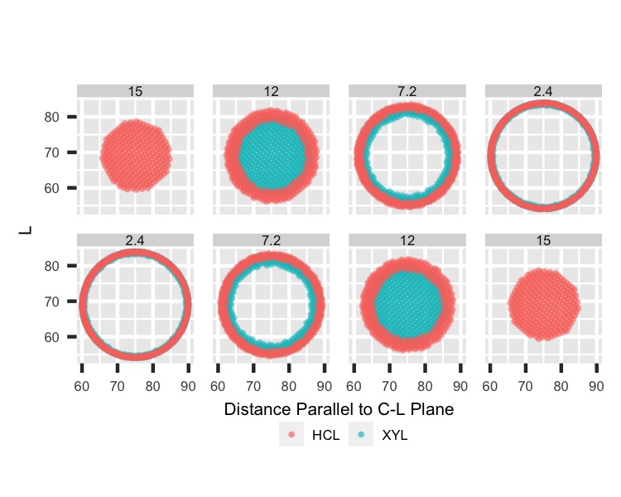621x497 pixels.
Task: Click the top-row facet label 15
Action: point(136,90)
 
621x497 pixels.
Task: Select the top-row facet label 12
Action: point(272,90)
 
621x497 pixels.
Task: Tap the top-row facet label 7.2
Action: point(407,90)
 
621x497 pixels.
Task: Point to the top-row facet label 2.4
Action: point(543,90)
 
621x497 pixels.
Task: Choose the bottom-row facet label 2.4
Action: point(136,239)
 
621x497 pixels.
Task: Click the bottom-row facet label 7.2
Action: point(272,239)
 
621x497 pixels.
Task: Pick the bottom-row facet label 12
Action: point(407,239)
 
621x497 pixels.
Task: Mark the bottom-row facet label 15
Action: point(543,239)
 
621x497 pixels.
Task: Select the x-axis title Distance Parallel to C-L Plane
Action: point(339,409)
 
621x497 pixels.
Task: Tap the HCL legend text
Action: point(326,434)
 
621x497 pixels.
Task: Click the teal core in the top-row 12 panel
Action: point(272,155)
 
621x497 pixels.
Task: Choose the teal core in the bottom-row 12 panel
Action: point(407,303)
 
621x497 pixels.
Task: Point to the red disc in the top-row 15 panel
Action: point(136,155)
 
